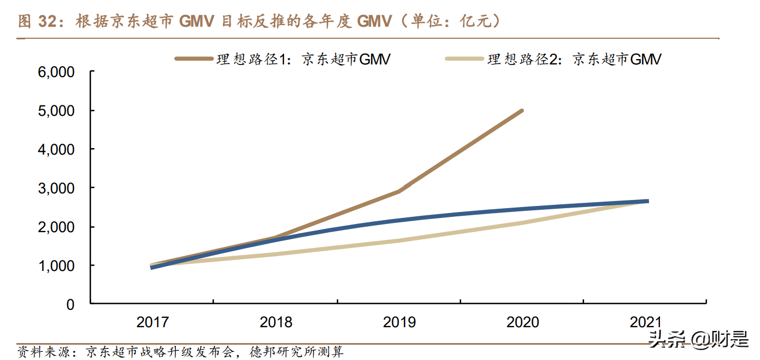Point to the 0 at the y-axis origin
70,305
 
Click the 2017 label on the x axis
152,322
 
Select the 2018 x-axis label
276,322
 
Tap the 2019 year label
399,322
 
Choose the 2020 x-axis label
523,322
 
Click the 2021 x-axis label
645,322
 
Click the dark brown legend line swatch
194,58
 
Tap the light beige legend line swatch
465,58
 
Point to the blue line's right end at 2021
647,202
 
